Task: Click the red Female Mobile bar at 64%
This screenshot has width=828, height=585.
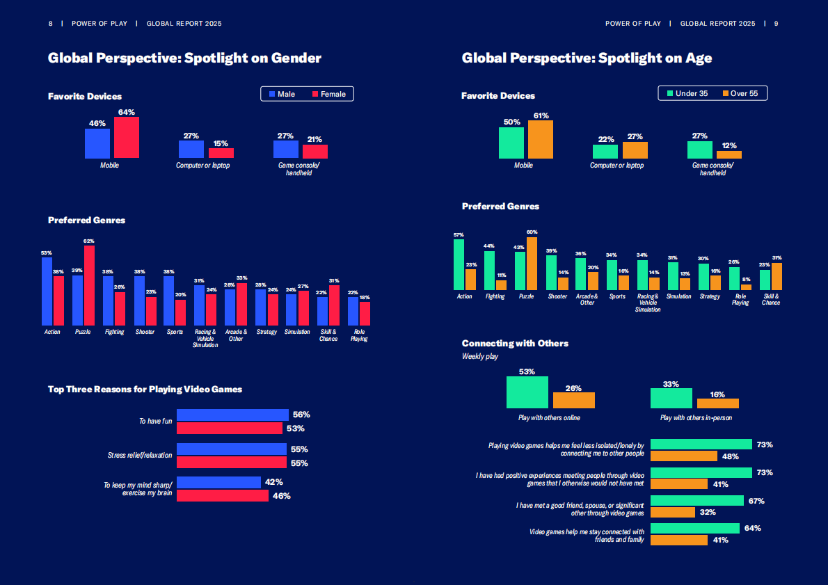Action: click(127, 138)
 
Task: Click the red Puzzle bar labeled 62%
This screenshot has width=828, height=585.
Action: click(89, 285)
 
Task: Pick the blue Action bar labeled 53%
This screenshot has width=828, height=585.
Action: click(47, 291)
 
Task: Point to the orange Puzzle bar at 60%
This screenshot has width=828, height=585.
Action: click(532, 264)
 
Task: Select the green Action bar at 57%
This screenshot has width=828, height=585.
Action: click(459, 264)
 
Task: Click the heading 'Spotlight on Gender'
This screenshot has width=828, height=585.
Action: click(184, 58)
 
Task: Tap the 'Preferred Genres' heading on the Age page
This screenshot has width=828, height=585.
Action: click(500, 207)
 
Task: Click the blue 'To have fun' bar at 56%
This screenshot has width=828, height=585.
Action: click(232, 415)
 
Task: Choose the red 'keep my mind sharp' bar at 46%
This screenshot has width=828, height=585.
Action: click(222, 496)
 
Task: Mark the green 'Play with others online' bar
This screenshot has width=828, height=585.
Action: click(527, 392)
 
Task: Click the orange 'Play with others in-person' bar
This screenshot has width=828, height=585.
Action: click(717, 403)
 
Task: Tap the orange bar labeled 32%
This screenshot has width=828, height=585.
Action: click(672, 513)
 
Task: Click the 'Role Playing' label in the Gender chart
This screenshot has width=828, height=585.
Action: click(359, 335)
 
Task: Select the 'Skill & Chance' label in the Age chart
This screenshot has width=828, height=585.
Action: click(770, 299)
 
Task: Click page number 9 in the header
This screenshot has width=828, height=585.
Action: click(776, 24)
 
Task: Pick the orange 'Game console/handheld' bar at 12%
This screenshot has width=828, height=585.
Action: click(729, 154)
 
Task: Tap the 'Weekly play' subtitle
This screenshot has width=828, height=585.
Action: click(479, 356)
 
